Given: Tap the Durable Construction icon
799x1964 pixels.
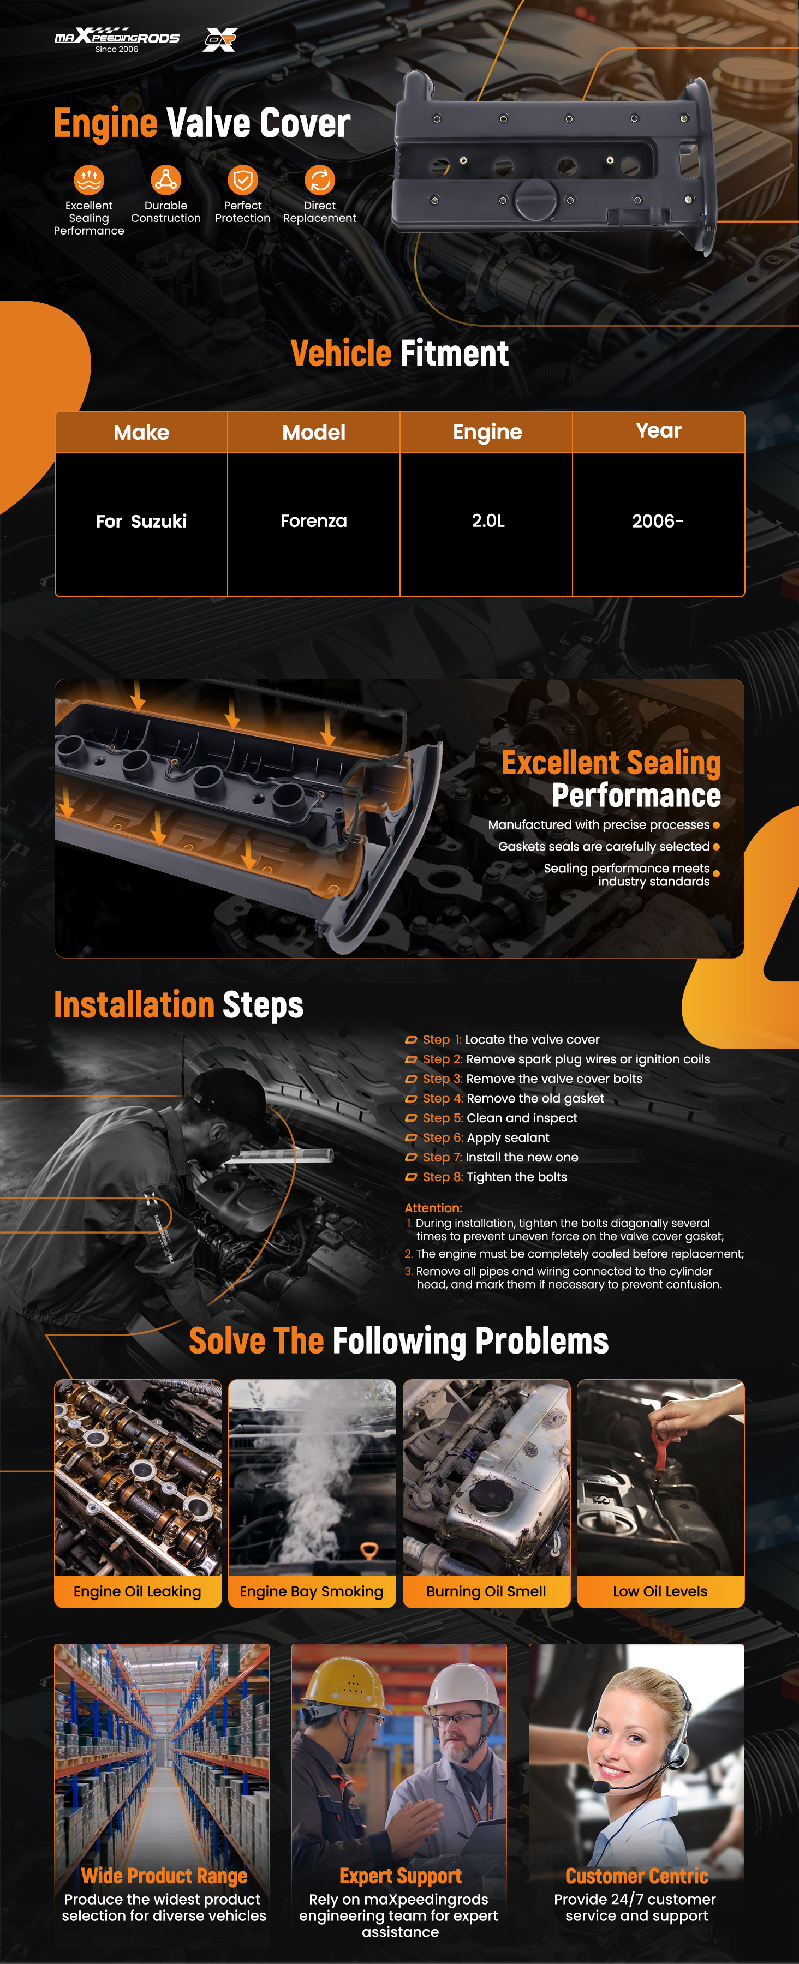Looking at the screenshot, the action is pos(165,180).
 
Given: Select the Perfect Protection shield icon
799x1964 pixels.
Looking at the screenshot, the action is pos(242,180).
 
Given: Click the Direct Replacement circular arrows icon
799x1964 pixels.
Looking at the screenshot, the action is pos(319,180).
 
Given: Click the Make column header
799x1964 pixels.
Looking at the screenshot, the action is pos(141,432).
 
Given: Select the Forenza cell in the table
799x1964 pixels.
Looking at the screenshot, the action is pos(313,522).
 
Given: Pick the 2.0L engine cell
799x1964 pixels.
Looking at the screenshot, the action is pos(488,522).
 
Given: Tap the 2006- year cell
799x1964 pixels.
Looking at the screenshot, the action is pos(658,522).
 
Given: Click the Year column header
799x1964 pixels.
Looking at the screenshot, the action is pos(659,431).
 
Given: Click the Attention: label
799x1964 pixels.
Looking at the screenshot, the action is pos(433,1208).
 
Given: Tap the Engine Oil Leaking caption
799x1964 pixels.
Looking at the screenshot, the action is pos(137,1591).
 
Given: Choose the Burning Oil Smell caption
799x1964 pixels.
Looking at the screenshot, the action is pos(486,1591).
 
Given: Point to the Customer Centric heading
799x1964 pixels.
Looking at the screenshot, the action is pos(636,1876).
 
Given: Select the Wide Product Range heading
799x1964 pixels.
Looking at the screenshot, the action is pos(164,1876).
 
